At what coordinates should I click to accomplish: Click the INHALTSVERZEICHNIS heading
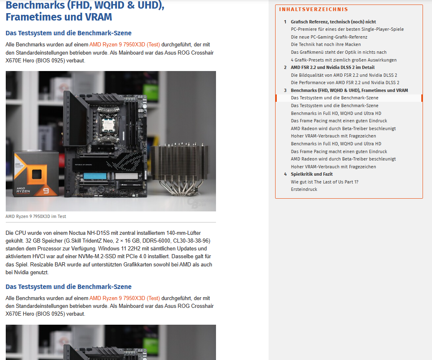point(314,9)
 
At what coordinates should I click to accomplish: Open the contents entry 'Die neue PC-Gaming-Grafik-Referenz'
point(329,37)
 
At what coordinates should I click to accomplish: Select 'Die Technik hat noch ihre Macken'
point(326,44)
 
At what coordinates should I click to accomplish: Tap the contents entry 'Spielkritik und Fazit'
point(312,174)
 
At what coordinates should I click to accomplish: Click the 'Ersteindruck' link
point(304,189)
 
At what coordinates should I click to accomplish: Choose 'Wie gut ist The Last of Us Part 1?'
point(324,182)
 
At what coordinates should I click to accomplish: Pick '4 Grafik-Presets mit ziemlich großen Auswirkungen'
point(344,60)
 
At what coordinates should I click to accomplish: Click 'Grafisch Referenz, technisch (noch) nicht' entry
point(333,22)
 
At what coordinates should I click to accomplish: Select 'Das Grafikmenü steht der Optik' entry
point(339,52)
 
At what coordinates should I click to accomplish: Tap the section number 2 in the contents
point(285,67)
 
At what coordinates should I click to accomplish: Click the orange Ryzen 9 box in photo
point(36,174)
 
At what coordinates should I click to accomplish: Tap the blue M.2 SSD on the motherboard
point(95,176)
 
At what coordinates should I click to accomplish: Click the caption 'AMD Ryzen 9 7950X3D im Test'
point(36,216)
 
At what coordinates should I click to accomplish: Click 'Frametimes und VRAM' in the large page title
point(59,17)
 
